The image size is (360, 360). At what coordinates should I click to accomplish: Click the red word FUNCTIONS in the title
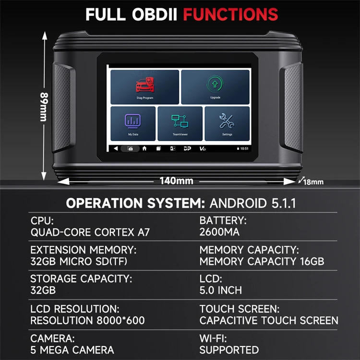point(231,14)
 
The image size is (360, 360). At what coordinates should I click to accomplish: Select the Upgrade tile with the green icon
point(215,87)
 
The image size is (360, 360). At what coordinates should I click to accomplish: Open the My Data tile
point(132,123)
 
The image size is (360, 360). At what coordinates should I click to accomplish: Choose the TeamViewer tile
point(180,123)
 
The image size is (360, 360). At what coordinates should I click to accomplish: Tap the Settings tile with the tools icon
point(227,123)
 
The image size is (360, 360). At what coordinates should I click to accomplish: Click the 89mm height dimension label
point(45,106)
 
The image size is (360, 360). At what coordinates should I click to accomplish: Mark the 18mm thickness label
point(313,182)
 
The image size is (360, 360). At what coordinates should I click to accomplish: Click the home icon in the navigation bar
point(144,149)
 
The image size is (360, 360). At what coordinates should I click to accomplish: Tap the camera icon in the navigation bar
point(130,149)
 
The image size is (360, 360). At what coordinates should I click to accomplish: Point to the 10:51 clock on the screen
point(243,149)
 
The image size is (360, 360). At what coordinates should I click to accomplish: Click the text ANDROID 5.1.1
point(253,203)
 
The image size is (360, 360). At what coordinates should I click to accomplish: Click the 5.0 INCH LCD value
point(221,290)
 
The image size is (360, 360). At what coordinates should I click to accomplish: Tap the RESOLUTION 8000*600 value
point(88,320)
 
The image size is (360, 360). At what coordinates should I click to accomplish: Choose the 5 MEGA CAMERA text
point(72,350)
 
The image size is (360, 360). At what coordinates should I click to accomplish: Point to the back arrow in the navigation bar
point(116,149)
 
